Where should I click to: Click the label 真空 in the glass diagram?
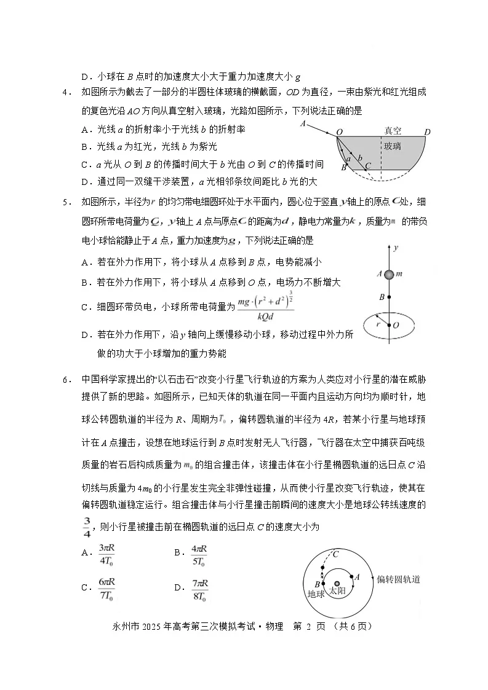pos(393,131)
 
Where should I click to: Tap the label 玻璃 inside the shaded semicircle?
pos(392,146)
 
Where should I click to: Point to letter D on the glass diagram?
pos(427,131)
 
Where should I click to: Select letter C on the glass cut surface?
pos(368,165)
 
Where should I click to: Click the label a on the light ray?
pos(349,159)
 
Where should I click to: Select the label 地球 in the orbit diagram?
pos(315,594)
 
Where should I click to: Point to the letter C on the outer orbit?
pos(336,554)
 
